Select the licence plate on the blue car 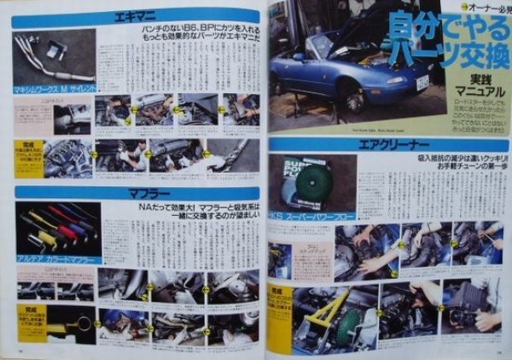[x=421, y=84]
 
